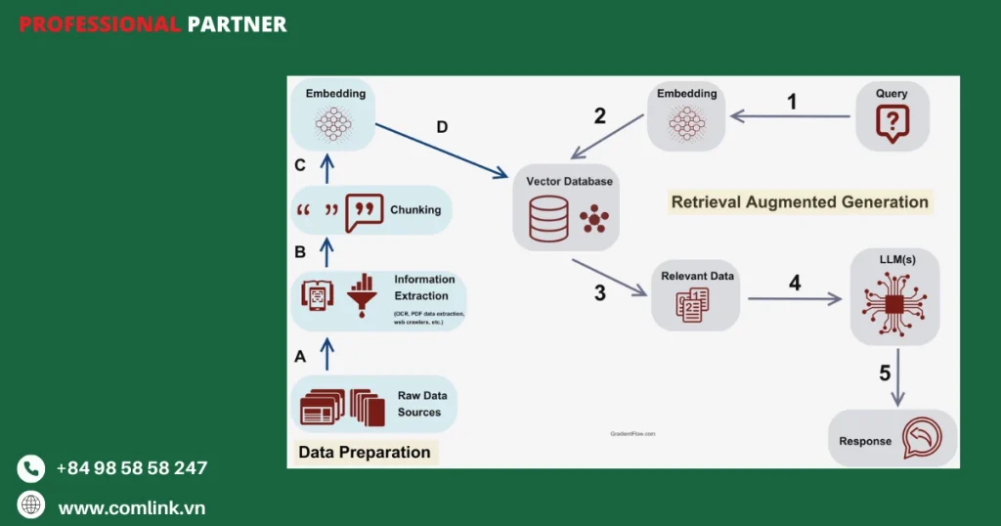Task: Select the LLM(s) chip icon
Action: click(x=892, y=304)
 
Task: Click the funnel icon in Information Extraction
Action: click(x=361, y=294)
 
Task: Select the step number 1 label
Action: click(x=792, y=102)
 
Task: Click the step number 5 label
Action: click(x=885, y=373)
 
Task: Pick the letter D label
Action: click(x=442, y=128)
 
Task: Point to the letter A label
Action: click(x=300, y=357)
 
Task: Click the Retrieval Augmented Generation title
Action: click(x=800, y=202)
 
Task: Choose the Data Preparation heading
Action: click(x=364, y=452)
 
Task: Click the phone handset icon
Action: click(x=31, y=468)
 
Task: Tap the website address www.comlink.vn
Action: click(x=131, y=507)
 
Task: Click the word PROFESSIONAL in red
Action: click(x=99, y=24)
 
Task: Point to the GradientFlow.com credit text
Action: click(x=632, y=432)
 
